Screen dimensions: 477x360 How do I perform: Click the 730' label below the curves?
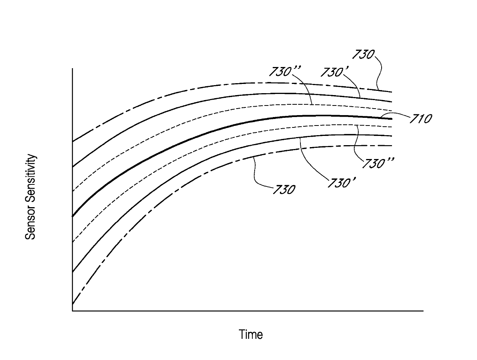tap(341, 182)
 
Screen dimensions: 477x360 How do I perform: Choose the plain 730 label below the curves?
tap(284, 189)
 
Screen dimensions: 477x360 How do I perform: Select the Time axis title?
tap(251, 334)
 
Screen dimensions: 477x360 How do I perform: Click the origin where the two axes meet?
tap(72, 310)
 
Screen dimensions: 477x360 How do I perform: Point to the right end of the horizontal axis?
tap(423, 310)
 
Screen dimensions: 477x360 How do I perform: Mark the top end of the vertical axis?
tap(72, 69)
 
